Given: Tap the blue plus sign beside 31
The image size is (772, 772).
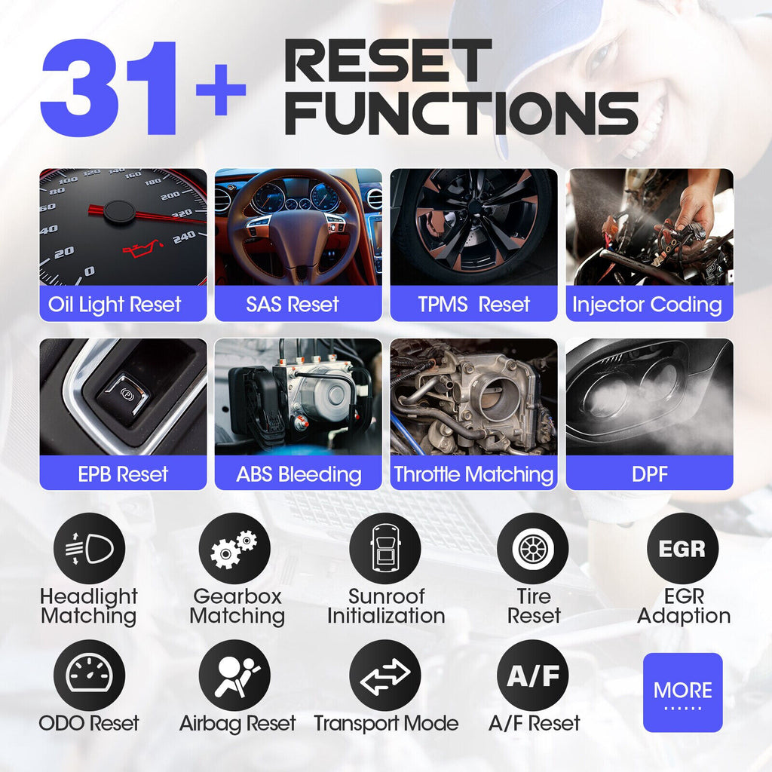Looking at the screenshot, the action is [x=221, y=90].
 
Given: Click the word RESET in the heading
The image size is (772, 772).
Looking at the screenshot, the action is [x=388, y=60].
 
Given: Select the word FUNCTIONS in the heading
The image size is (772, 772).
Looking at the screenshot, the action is [x=461, y=113].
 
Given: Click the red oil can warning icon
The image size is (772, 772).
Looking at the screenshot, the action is [x=142, y=249].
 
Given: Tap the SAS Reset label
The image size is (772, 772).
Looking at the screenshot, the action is [x=293, y=305].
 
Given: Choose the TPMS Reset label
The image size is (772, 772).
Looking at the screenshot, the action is [x=473, y=305].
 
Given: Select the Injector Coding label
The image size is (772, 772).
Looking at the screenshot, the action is [x=647, y=305].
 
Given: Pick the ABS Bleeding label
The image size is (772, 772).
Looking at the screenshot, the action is [x=299, y=474].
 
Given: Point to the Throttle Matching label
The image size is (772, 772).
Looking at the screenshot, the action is [x=473, y=474].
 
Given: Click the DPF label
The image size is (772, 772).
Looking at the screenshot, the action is [x=649, y=474].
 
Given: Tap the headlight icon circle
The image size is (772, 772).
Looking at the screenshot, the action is [x=90, y=549].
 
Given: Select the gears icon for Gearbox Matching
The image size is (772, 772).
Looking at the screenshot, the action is [x=234, y=549].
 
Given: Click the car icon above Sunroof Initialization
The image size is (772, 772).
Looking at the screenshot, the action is [x=385, y=549].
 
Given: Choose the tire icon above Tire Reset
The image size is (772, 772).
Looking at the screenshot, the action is [x=533, y=549].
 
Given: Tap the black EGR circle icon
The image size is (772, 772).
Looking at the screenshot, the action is [x=682, y=549].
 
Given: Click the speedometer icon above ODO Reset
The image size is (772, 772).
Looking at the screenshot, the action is [x=90, y=675].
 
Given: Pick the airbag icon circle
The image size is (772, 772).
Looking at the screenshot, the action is [x=234, y=675].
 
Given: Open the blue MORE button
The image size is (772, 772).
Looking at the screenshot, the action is [x=682, y=692].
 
